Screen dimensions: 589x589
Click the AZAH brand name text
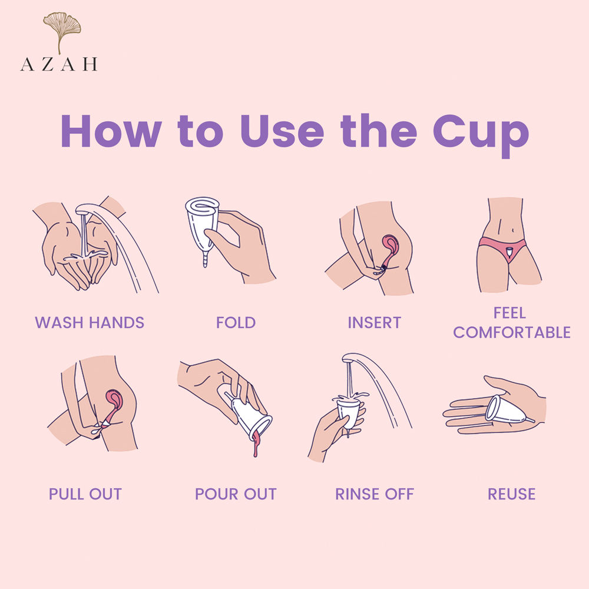click(x=59, y=64)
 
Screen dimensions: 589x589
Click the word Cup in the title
click(x=481, y=134)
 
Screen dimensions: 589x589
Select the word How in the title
click(x=111, y=131)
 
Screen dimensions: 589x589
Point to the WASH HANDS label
click(x=90, y=323)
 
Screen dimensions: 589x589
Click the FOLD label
click(x=236, y=323)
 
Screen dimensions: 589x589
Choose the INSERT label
click(x=375, y=323)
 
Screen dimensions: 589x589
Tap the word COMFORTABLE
click(x=512, y=332)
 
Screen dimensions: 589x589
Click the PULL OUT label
click(x=85, y=494)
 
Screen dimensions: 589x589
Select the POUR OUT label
click(x=236, y=494)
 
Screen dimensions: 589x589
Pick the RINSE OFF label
click(x=375, y=494)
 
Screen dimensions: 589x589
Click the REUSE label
click(x=512, y=494)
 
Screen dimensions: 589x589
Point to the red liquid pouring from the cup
click(x=256, y=444)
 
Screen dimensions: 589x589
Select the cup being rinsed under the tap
click(x=348, y=413)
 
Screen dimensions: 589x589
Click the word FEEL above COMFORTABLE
click(x=509, y=313)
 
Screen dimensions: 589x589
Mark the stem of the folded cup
click(x=205, y=259)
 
